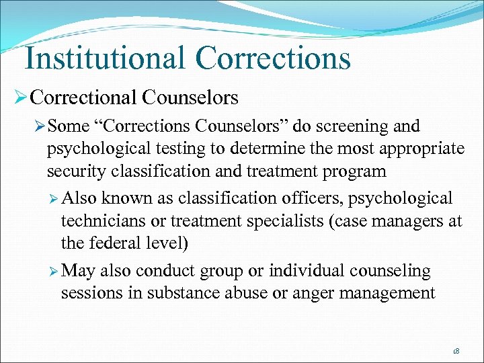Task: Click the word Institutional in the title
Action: [x=104, y=58]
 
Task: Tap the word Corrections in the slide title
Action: [x=273, y=58]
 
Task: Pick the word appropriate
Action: [x=416, y=149]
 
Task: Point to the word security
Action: [x=73, y=171]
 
